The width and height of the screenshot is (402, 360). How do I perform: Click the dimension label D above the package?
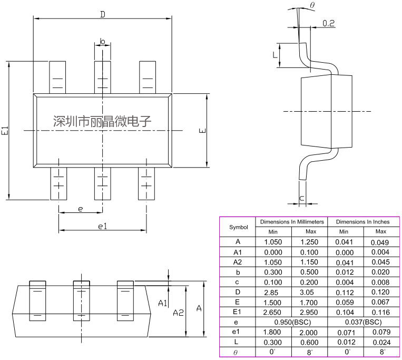click(x=103, y=14)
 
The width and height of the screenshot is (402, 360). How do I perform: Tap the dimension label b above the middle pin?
click(x=102, y=41)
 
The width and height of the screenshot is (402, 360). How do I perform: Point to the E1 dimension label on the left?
click(x=5, y=131)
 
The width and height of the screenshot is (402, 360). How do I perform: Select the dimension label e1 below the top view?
click(x=103, y=226)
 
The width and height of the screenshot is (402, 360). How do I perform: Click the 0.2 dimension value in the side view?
click(x=328, y=23)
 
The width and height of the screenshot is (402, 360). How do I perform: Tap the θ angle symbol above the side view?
click(x=312, y=5)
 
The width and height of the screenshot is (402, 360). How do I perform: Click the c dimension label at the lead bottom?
click(x=301, y=198)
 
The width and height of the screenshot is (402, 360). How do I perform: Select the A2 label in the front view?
click(x=178, y=312)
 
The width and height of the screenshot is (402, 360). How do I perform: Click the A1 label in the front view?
click(x=163, y=303)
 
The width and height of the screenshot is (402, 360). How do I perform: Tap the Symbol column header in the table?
click(x=238, y=227)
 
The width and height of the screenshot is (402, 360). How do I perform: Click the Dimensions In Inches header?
click(x=362, y=222)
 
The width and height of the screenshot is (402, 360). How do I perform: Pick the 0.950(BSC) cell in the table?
click(x=291, y=322)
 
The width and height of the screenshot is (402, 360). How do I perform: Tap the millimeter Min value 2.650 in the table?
click(x=273, y=312)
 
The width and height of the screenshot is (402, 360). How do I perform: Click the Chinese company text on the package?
click(x=102, y=121)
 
